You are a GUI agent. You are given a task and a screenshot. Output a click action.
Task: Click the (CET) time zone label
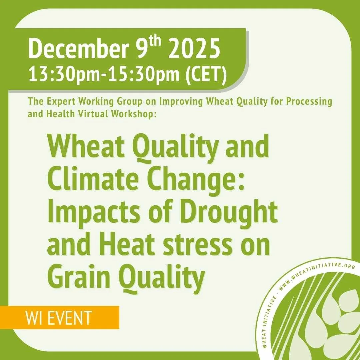[205, 74]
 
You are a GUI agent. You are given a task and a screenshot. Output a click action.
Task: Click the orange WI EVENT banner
[59, 318]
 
